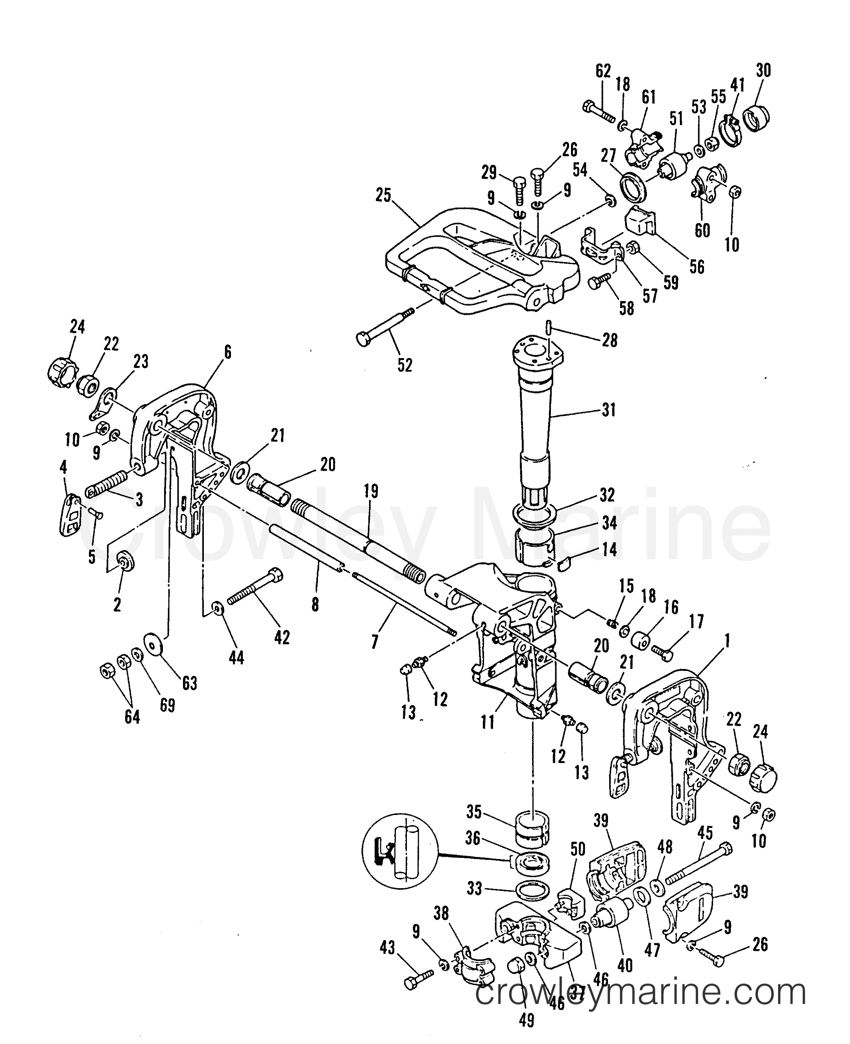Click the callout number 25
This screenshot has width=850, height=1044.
(x=384, y=196)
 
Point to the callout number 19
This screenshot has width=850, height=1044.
(x=371, y=491)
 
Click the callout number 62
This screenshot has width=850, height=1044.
(x=603, y=72)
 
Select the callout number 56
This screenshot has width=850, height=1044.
(x=697, y=267)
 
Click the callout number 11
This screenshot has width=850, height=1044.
(x=488, y=722)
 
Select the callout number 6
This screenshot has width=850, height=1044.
(x=228, y=352)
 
